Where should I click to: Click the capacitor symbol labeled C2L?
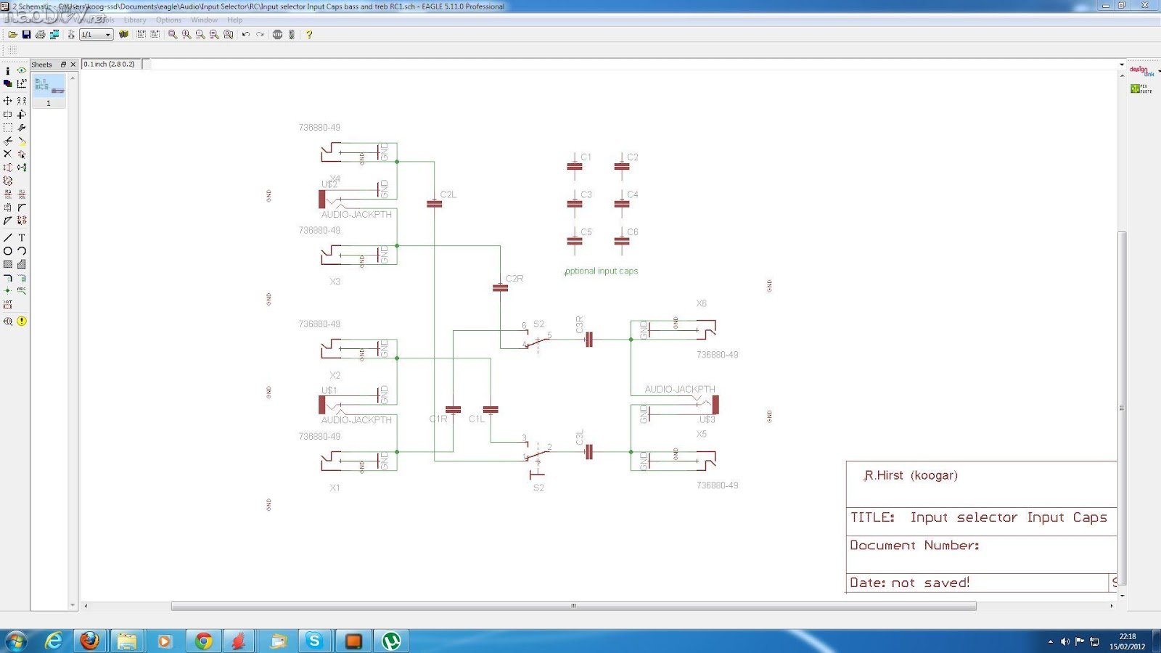coord(434,204)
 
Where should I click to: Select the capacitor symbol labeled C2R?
coord(500,288)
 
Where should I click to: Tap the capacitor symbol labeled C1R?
coord(453,410)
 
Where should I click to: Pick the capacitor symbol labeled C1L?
coord(491,410)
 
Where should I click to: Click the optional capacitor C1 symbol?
coord(575,167)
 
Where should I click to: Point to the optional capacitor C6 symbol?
coord(622,242)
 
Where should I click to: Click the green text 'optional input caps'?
coord(602,271)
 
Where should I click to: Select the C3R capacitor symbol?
coord(588,339)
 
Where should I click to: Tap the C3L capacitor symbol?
coord(588,452)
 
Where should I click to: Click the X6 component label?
coord(701,303)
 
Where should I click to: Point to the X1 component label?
coord(335,488)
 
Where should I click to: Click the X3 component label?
coord(335,282)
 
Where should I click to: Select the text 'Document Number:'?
coord(914,546)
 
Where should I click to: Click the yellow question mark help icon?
coord(309,34)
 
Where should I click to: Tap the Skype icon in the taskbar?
coord(314,641)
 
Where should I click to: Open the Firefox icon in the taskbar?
coord(90,641)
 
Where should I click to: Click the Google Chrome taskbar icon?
coord(203,641)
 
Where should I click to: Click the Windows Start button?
coord(16,641)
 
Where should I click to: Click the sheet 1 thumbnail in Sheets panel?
coord(49,86)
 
